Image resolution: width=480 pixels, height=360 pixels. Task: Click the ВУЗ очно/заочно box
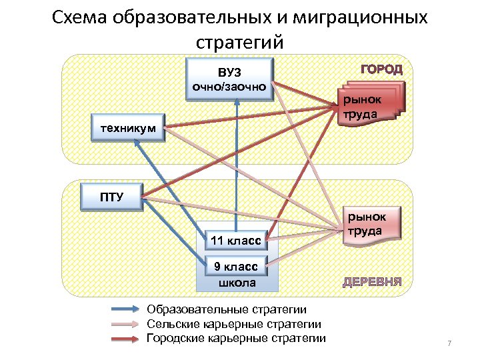click(x=229, y=80)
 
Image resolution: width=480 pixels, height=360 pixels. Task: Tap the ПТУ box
click(x=107, y=196)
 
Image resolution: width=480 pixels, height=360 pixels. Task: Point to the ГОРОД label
click(x=381, y=69)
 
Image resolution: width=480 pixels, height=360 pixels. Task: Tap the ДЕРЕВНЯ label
click(x=372, y=281)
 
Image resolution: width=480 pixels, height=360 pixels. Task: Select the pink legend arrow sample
click(x=127, y=324)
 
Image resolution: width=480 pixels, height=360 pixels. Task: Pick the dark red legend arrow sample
click(x=127, y=338)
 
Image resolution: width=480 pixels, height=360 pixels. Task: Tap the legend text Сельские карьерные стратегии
click(x=234, y=324)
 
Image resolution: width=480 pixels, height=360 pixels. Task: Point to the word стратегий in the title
click(x=240, y=41)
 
